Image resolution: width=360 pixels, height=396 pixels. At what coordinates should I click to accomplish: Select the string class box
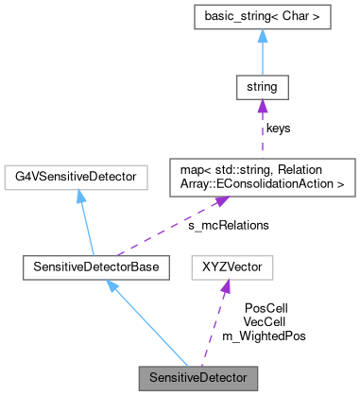click(x=262, y=90)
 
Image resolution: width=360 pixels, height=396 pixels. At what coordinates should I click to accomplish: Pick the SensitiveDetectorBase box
click(x=94, y=268)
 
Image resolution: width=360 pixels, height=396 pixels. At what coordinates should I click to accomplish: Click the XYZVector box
click(x=231, y=268)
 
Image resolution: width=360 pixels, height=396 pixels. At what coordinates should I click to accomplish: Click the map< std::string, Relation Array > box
click(x=262, y=176)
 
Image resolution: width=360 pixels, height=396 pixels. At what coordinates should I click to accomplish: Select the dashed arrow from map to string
click(x=262, y=132)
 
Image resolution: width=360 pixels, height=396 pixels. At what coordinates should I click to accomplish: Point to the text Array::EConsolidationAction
click(x=262, y=183)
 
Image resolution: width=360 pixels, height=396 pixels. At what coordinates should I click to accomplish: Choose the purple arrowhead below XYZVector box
click(x=227, y=287)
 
